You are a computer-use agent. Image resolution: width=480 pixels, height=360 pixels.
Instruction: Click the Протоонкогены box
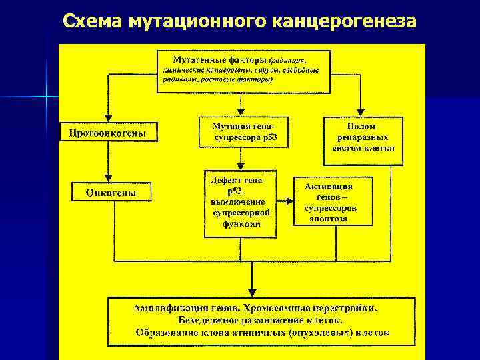click(108, 133)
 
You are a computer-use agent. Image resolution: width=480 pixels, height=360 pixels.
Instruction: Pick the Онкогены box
click(111, 193)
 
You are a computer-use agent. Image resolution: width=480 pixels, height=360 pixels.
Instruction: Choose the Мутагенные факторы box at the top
click(243, 70)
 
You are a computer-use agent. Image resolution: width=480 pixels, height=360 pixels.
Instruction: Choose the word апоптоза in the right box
click(333, 219)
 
